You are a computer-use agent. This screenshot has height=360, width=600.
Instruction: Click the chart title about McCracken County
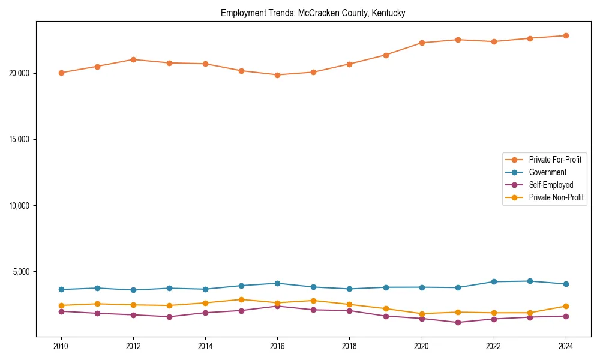[313, 13]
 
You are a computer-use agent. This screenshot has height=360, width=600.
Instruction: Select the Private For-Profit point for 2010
[61, 73]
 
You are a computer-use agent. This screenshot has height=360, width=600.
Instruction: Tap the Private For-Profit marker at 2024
[566, 35]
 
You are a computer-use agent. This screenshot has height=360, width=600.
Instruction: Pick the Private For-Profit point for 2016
[277, 75]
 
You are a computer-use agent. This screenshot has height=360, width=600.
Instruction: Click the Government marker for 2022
[494, 281]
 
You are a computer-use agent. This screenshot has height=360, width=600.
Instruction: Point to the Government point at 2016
[277, 283]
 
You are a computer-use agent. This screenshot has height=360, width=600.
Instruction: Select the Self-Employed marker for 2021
[458, 322]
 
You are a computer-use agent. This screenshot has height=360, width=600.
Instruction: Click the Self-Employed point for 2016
[277, 306]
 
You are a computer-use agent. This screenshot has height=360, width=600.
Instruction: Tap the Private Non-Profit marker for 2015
[241, 299]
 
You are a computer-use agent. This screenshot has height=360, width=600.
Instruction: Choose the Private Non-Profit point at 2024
[566, 306]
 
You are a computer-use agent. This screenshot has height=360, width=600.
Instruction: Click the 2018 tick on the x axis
[349, 346]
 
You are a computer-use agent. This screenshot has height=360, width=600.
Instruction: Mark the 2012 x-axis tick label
[133, 346]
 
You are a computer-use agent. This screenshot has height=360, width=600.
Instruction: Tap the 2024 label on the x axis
[566, 346]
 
